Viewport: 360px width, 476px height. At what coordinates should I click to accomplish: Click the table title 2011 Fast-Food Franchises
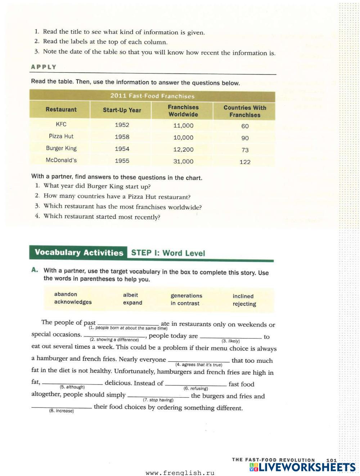click(x=152, y=96)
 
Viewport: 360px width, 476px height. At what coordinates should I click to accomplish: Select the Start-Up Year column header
click(x=122, y=110)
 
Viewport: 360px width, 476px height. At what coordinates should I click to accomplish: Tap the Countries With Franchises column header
click(x=245, y=111)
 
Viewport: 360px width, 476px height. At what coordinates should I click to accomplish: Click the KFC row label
click(x=61, y=124)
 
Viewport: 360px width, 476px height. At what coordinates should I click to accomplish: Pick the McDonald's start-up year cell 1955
click(x=122, y=161)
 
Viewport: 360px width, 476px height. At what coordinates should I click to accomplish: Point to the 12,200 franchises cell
click(x=183, y=149)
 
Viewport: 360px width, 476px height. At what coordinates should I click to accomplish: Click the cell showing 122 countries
click(x=245, y=162)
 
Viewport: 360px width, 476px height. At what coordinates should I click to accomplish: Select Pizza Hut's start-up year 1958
click(x=122, y=137)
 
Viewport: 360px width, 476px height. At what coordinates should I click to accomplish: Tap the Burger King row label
click(x=61, y=148)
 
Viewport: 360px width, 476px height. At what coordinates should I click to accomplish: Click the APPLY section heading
click(x=44, y=67)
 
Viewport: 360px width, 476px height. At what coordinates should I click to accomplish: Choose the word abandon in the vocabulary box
click(x=66, y=294)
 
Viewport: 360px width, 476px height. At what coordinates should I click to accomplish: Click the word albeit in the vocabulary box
click(x=130, y=295)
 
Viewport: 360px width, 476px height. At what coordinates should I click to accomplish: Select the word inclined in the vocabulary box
click(x=243, y=296)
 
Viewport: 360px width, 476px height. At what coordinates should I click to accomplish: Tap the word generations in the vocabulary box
click(x=186, y=296)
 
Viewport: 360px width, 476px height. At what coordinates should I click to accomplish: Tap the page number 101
click(x=331, y=460)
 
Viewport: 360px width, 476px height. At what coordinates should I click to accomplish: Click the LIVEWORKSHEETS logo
click(x=302, y=467)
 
